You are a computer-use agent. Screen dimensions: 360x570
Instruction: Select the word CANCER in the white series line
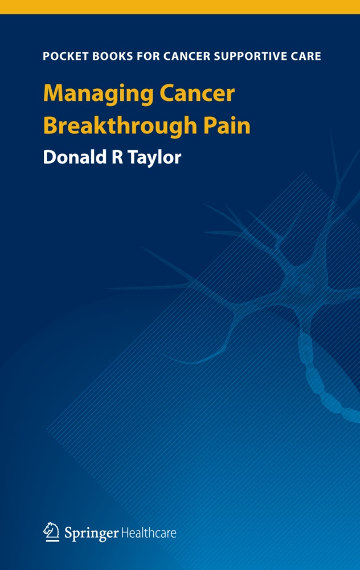click(187, 56)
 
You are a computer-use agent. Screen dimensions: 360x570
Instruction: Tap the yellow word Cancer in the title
click(197, 93)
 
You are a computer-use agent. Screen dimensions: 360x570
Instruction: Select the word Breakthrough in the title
click(120, 127)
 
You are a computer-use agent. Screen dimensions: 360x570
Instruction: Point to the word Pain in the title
click(227, 126)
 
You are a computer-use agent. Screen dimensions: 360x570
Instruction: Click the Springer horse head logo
click(51, 532)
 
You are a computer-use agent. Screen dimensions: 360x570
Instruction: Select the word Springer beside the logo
click(92, 534)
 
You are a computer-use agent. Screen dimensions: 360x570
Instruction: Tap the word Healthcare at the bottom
click(149, 533)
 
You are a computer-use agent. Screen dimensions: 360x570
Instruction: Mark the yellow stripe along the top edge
click(180, 7)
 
